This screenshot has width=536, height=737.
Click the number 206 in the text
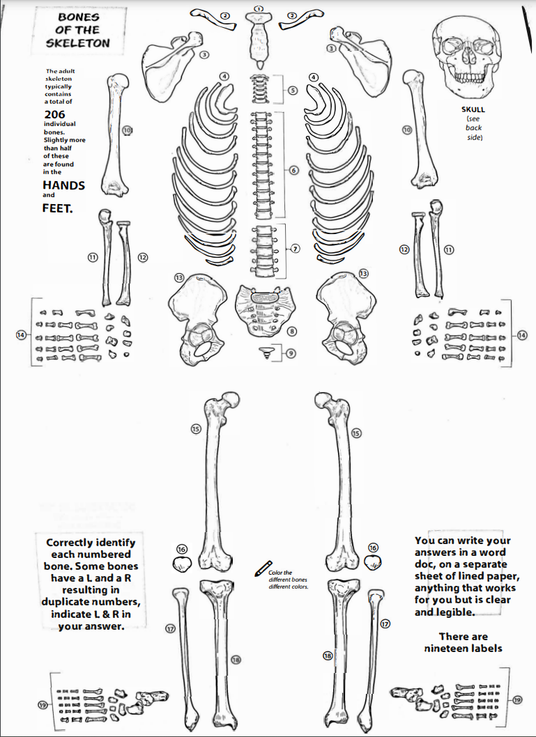[56, 114]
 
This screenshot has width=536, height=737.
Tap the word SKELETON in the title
[77, 42]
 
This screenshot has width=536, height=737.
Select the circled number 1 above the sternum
[259, 8]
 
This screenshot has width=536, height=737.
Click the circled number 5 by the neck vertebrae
[292, 90]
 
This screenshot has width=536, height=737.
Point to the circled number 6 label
[293, 170]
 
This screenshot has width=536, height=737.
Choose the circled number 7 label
[295, 249]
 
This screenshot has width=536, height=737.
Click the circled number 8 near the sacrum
[292, 331]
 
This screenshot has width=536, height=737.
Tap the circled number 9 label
[291, 352]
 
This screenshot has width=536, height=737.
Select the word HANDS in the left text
[63, 185]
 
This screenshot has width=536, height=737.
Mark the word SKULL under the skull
[473, 110]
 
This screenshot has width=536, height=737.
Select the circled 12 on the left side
[142, 257]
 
